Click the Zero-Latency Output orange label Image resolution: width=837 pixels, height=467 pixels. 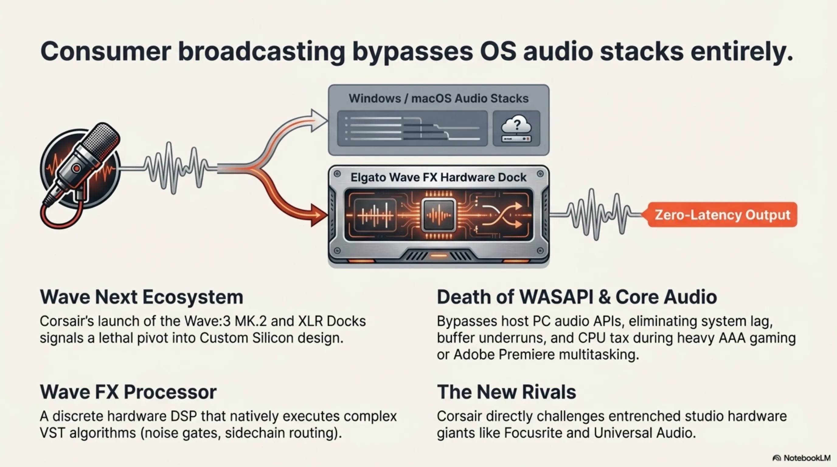pos(722,215)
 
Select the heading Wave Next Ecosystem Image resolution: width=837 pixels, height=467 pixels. pos(141,297)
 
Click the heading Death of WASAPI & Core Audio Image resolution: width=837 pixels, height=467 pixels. pos(577,297)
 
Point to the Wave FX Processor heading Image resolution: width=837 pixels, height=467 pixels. pos(128,392)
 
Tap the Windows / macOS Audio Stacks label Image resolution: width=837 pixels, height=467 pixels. pos(439,98)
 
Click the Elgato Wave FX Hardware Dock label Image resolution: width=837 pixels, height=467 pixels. pos(439,177)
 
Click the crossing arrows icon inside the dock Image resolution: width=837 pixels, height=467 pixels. pos(502,215)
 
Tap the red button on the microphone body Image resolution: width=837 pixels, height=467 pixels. pos(76,168)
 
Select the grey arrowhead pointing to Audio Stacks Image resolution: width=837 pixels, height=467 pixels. pos(318,120)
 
